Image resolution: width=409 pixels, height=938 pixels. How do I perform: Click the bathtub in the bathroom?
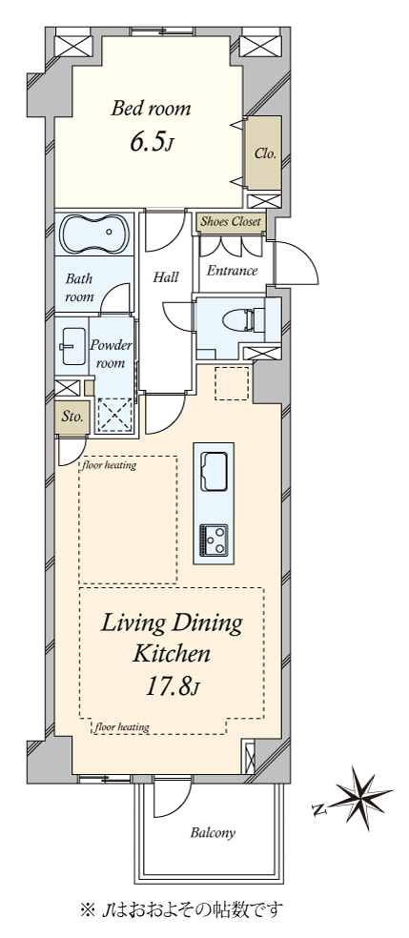tap(94, 234)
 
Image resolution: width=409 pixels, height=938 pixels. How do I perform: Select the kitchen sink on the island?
tap(214, 472)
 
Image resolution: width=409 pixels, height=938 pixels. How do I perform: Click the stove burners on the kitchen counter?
tap(214, 540)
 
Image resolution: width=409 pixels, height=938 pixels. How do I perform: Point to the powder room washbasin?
tap(73, 346)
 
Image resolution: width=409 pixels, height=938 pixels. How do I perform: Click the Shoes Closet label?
tap(231, 222)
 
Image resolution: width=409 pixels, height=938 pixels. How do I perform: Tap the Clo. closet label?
tap(265, 153)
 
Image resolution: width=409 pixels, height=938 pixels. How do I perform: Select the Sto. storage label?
tap(72, 417)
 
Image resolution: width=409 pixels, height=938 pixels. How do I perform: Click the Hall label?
tap(166, 277)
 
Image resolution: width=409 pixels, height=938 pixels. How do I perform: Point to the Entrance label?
tap(232, 271)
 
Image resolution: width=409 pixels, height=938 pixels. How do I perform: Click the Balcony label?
tap(213, 833)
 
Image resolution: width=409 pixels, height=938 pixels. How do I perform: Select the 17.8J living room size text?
tap(173, 686)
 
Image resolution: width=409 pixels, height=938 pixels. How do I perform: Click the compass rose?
tap(358, 799)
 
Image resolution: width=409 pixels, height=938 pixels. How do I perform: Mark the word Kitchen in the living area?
tap(171, 654)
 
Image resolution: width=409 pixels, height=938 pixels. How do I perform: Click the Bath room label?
tap(79, 287)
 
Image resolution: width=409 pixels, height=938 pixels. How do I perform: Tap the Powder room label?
tap(112, 354)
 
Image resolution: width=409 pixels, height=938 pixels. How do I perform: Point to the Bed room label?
tap(152, 109)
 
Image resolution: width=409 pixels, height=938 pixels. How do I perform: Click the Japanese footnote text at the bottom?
tap(181, 910)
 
